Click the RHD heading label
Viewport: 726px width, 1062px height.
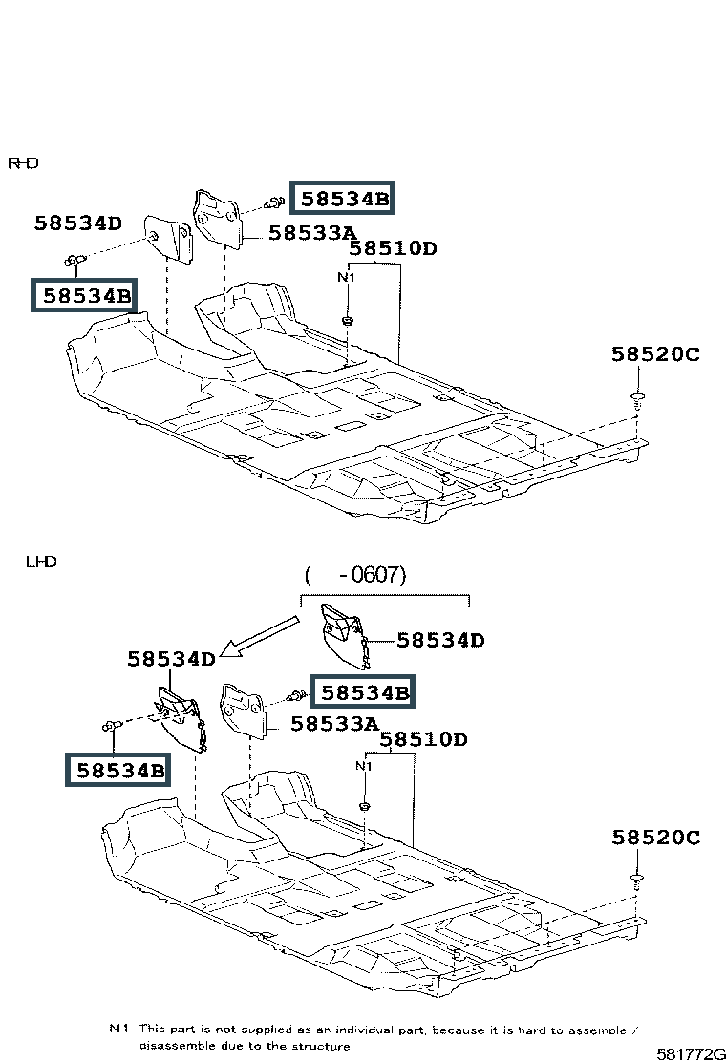click(23, 163)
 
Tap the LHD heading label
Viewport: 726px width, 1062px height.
click(41, 562)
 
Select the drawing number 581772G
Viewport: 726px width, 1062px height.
click(690, 1053)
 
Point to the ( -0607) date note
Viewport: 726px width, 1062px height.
click(355, 575)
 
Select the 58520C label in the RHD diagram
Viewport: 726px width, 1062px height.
click(655, 354)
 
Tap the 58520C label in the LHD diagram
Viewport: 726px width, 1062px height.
click(655, 838)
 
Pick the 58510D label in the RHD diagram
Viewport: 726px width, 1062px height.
click(393, 248)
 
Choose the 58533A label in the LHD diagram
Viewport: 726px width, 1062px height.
click(334, 724)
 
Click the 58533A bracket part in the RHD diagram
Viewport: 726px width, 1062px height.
click(218, 219)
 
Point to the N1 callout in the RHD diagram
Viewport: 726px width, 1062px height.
click(346, 277)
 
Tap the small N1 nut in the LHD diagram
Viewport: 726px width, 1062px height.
click(364, 807)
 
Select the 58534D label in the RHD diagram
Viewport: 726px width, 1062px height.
click(78, 223)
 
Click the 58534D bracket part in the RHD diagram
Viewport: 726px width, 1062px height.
click(169, 239)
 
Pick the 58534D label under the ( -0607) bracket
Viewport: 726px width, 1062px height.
click(440, 640)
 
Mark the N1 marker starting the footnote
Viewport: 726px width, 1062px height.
click(118, 1029)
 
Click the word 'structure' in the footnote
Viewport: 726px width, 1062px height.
click(322, 1046)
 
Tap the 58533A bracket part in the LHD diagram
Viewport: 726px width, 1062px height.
click(244, 711)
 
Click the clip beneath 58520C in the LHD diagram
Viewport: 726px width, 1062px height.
click(636, 883)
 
